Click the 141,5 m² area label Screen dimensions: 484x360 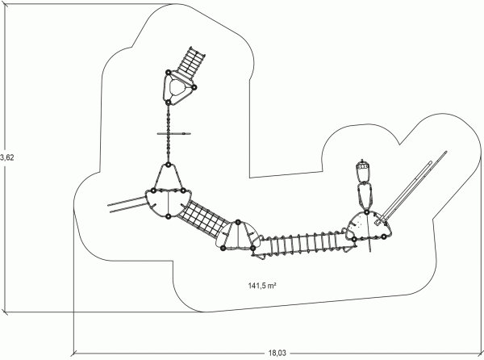[x=262, y=285]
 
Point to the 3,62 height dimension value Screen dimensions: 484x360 [x=7, y=157]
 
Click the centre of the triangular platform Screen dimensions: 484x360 [x=178, y=88]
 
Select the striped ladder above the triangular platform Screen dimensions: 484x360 [x=190, y=63]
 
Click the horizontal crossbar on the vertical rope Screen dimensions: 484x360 [x=173, y=134]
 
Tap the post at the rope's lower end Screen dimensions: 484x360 [x=168, y=165]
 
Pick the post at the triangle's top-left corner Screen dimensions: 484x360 [x=169, y=73]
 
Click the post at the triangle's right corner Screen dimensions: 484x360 [x=194, y=87]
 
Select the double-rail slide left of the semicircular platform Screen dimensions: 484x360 [x=127, y=204]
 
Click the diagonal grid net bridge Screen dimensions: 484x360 [x=205, y=219]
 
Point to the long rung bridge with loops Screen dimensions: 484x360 [x=306, y=244]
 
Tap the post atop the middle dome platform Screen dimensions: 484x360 [x=238, y=222]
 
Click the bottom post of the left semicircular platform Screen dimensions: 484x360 [x=169, y=216]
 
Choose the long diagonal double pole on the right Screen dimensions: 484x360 [x=413, y=186]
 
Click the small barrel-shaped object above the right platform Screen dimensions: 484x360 [x=363, y=165]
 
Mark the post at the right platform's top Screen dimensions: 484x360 [x=366, y=212]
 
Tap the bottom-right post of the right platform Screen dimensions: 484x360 [x=383, y=237]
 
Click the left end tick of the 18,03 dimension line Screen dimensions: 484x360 [x=73, y=353]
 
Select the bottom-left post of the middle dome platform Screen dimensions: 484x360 [x=223, y=248]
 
